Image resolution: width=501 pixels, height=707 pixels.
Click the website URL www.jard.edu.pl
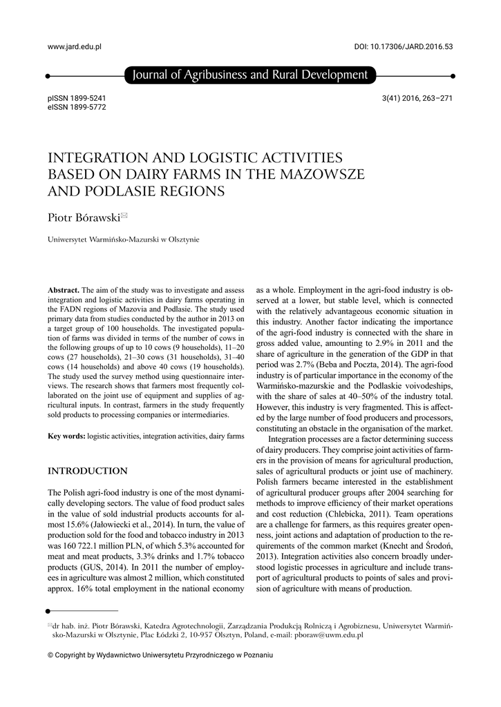point(74,46)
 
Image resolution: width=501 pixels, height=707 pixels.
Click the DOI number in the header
point(403,46)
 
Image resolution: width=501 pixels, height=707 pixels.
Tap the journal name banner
point(250,75)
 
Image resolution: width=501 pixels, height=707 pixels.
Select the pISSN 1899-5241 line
point(77,98)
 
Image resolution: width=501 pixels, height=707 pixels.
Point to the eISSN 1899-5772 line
point(77,108)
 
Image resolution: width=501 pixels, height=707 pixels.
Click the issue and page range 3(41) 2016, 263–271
point(417,98)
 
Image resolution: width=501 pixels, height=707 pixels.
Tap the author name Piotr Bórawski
point(83,217)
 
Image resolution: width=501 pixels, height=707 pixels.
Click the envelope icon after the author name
point(124,215)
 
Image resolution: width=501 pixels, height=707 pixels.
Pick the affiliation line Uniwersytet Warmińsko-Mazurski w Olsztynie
point(123,240)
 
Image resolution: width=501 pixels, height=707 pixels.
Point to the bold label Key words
point(66,436)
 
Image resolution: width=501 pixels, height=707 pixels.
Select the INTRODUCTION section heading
point(87,471)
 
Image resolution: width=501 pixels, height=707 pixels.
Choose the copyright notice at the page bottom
point(160,655)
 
